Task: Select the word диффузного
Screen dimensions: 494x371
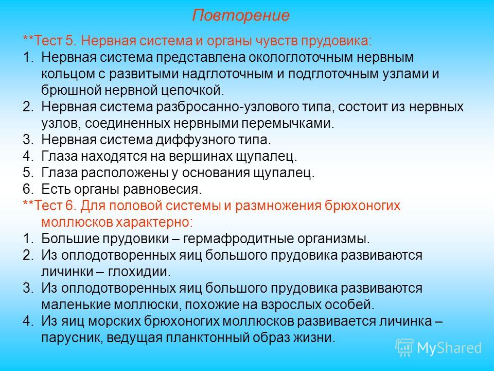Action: [x=195, y=140]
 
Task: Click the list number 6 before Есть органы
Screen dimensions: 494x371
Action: [x=27, y=189]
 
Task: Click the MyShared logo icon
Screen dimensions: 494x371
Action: [x=404, y=348]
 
